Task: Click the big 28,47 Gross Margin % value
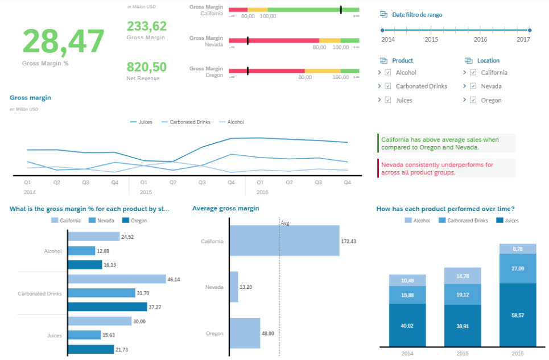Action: point(63,42)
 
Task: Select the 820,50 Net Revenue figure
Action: point(147,67)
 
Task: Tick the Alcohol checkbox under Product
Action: point(388,72)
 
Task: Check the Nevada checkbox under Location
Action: point(473,86)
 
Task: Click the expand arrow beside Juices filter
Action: point(379,100)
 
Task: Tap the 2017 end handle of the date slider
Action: point(530,31)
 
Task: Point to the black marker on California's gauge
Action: point(341,10)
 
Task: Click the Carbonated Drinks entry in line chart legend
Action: point(186,122)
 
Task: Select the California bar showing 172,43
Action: point(284,241)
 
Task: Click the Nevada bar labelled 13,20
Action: point(234,287)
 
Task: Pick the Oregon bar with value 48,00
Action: point(245,333)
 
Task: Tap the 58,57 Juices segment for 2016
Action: point(518,315)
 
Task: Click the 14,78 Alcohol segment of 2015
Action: point(463,276)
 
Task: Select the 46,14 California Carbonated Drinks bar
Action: point(117,279)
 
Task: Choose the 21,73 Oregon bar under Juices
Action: point(91,349)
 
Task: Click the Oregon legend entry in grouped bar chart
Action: point(134,221)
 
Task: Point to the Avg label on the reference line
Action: point(285,223)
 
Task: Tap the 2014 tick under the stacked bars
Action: point(407,353)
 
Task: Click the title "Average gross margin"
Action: point(226,208)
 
